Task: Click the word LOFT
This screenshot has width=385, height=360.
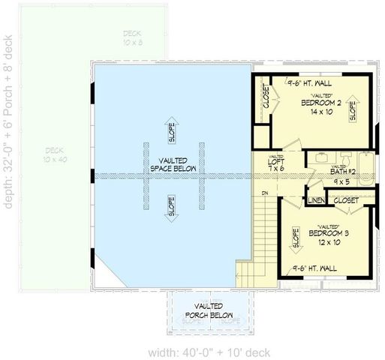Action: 276,160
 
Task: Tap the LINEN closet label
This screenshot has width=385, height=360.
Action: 314,201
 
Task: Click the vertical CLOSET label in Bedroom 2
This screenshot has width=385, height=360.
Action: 266,97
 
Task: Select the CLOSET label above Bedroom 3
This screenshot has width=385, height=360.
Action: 346,200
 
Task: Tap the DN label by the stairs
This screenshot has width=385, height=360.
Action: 265,193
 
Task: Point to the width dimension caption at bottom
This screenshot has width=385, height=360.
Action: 199,352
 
